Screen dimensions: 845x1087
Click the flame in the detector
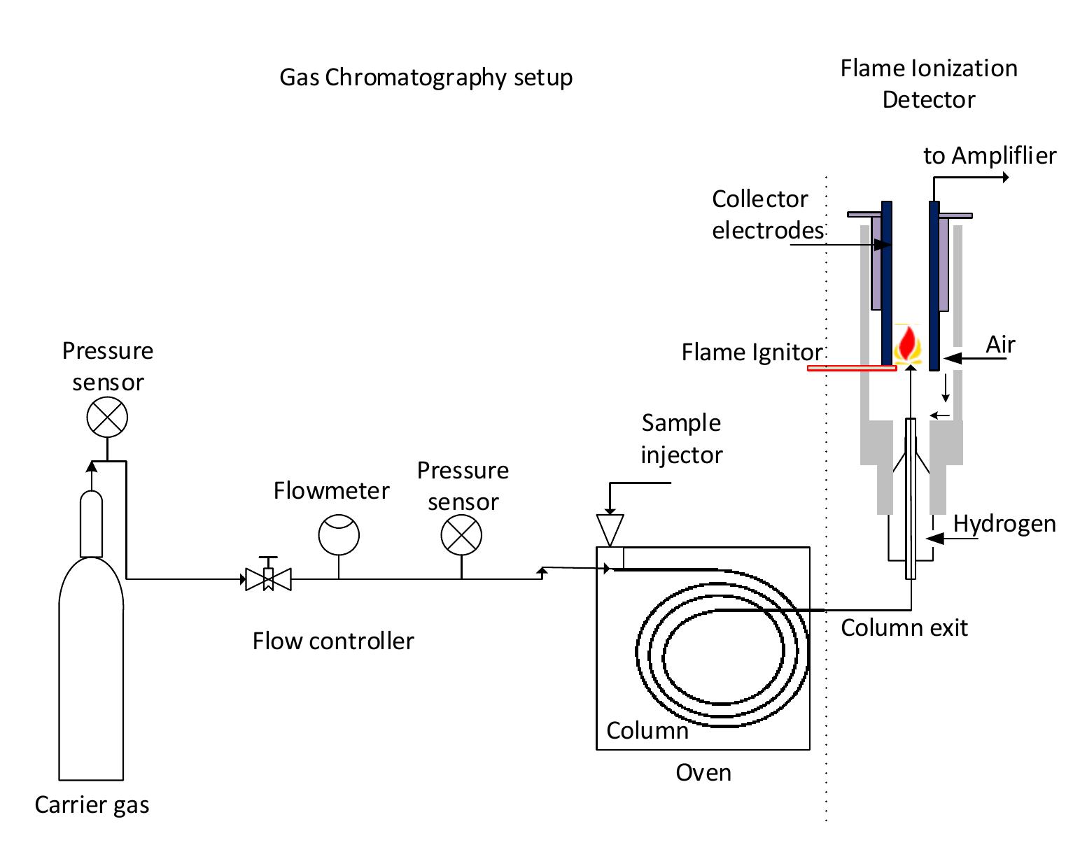pyautogui.click(x=909, y=345)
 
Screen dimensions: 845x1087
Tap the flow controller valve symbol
pyautogui.click(x=268, y=578)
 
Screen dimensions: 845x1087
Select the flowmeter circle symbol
pyautogui.click(x=339, y=536)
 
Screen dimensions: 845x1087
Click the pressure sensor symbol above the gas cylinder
pyautogui.click(x=107, y=418)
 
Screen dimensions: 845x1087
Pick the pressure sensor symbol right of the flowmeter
pyautogui.click(x=461, y=536)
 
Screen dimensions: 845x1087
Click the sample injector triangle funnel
pyautogui.click(x=610, y=530)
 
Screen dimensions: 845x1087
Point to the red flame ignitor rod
pyautogui.click(x=851, y=368)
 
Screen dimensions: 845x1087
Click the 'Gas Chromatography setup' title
pyautogui.click(x=426, y=77)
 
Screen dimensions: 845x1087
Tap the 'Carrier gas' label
pyautogui.click(x=92, y=804)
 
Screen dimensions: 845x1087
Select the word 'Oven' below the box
pyautogui.click(x=703, y=772)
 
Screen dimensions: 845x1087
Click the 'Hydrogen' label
pyautogui.click(x=1004, y=524)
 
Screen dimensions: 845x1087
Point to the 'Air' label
pyautogui.click(x=1000, y=345)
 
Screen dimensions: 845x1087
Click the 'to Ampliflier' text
pyautogui.click(x=989, y=155)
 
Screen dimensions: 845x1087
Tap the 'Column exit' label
pyautogui.click(x=904, y=627)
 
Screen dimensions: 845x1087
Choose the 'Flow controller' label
pyautogui.click(x=333, y=641)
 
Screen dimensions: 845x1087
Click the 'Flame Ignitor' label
pyautogui.click(x=752, y=352)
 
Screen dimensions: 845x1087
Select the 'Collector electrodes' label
pyautogui.click(x=766, y=214)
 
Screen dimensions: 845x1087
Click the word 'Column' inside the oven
pyautogui.click(x=647, y=730)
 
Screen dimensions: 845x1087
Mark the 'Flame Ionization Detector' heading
pyautogui.click(x=928, y=84)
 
